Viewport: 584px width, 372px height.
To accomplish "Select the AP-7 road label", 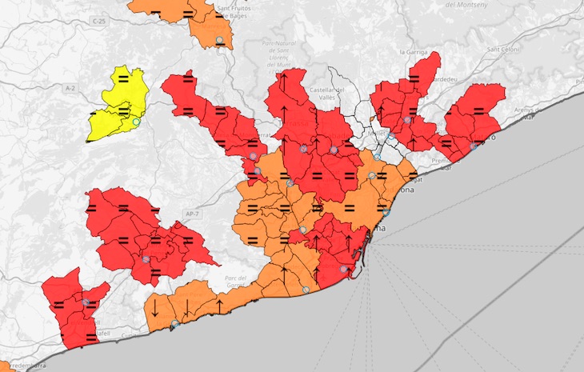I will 192,214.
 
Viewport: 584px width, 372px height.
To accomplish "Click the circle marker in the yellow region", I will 136,122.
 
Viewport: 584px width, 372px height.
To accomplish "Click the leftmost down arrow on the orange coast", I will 153,306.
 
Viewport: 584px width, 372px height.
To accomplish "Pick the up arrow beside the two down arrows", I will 218,306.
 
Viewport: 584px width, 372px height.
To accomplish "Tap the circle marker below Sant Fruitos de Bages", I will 219,40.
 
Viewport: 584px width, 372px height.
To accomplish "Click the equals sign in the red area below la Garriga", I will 414,78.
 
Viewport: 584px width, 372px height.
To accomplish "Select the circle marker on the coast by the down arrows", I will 175,323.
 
